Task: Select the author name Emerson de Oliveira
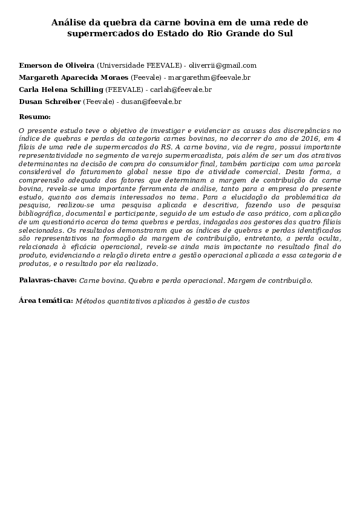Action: click(x=57, y=65)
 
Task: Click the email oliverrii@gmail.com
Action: click(x=223, y=65)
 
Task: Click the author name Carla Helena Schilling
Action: click(x=61, y=89)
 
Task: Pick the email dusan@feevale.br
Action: click(x=156, y=102)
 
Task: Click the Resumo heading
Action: click(x=34, y=116)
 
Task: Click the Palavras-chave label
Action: click(x=48, y=280)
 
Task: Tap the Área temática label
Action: click(x=46, y=300)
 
